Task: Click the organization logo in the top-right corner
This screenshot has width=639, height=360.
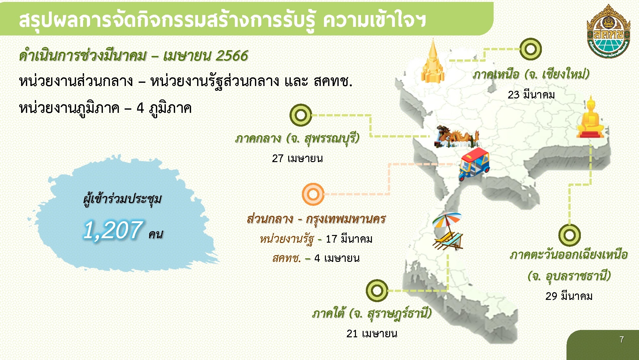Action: point(608,31)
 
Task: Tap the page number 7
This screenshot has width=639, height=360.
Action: point(621,340)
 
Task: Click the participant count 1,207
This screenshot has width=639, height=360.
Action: point(113,230)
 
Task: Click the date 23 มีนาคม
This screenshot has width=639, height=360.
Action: point(531,95)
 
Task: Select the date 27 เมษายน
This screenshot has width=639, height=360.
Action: point(297,158)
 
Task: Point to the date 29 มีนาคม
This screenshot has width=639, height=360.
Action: point(569,296)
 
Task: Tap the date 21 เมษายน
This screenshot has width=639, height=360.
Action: point(372,334)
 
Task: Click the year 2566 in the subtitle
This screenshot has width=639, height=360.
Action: point(232,56)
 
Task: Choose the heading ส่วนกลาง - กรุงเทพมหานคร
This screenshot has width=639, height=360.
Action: point(316,219)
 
